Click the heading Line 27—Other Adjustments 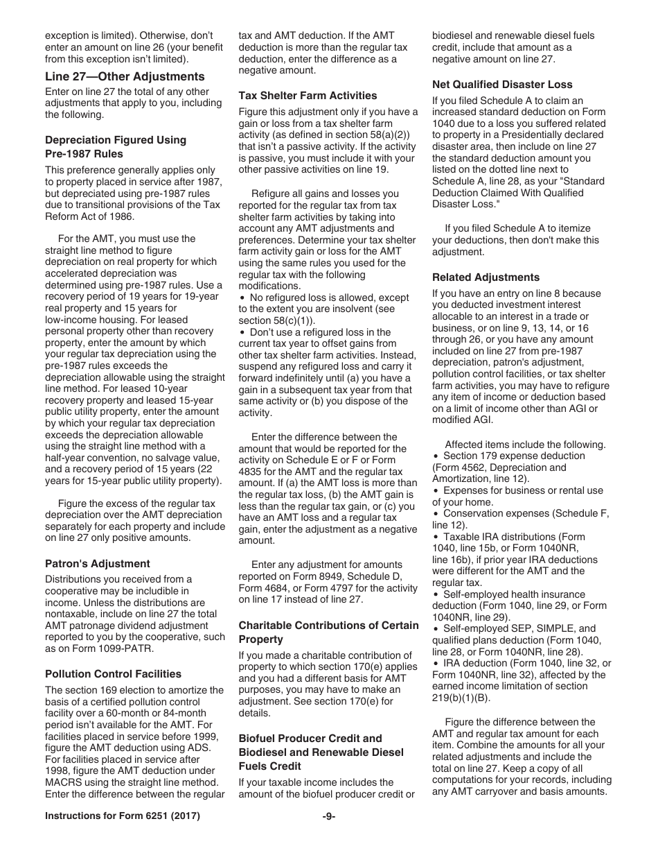(x=125, y=76)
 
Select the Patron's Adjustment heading (x=97, y=563)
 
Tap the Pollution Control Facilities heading (x=113, y=673)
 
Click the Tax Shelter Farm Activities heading (x=308, y=95)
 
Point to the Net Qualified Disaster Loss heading (x=502, y=84)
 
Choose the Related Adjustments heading (x=486, y=277)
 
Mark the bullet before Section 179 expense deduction (x=436, y=456)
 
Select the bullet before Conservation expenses (x=436, y=514)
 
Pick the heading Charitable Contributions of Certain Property (x=328, y=632)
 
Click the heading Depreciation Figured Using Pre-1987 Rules (x=115, y=146)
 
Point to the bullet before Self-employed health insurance (x=436, y=595)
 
